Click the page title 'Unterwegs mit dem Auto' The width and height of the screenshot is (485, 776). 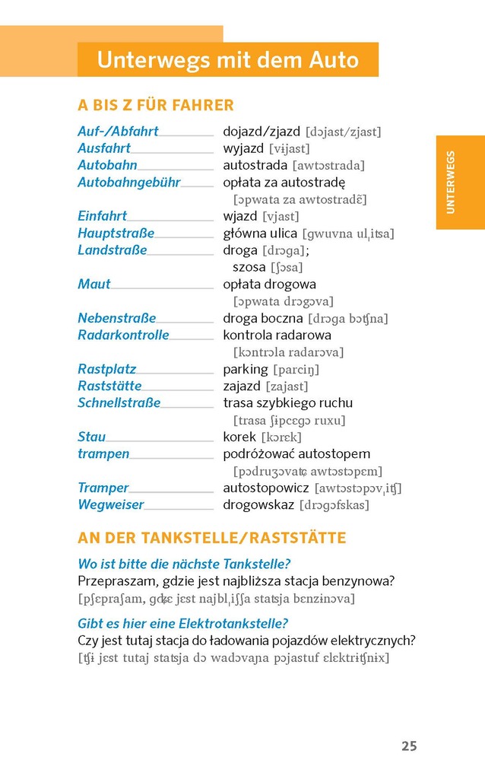coord(228,59)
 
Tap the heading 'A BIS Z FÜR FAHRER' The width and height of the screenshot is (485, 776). coord(156,105)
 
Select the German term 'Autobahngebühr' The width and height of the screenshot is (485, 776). coord(128,183)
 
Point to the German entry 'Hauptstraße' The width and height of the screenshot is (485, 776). coord(116,233)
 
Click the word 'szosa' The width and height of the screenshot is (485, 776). coord(249,267)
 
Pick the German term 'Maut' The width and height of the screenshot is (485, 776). coord(94,284)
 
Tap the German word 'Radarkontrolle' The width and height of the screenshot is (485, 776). coord(123,335)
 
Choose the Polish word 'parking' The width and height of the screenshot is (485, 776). coord(246,369)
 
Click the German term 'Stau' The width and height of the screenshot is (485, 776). coord(92,437)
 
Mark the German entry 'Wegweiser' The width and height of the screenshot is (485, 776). coord(111,504)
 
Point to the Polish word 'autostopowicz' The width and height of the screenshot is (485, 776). coord(266,488)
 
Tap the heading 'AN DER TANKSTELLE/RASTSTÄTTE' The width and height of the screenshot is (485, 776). coord(212,538)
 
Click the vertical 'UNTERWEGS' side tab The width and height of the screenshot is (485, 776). coord(450,182)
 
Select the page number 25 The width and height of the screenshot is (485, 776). coord(409,746)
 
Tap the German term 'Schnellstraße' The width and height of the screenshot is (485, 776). coord(119,402)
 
